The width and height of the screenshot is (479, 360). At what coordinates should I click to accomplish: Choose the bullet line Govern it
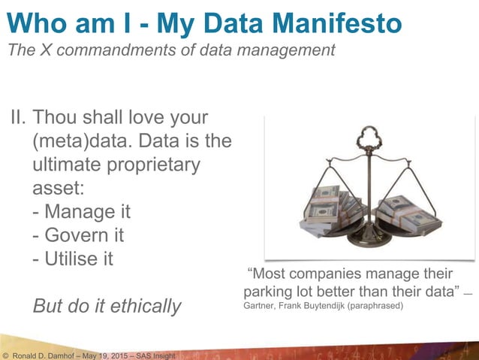(78, 234)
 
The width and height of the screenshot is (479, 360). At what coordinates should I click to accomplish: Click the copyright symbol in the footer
(5, 354)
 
